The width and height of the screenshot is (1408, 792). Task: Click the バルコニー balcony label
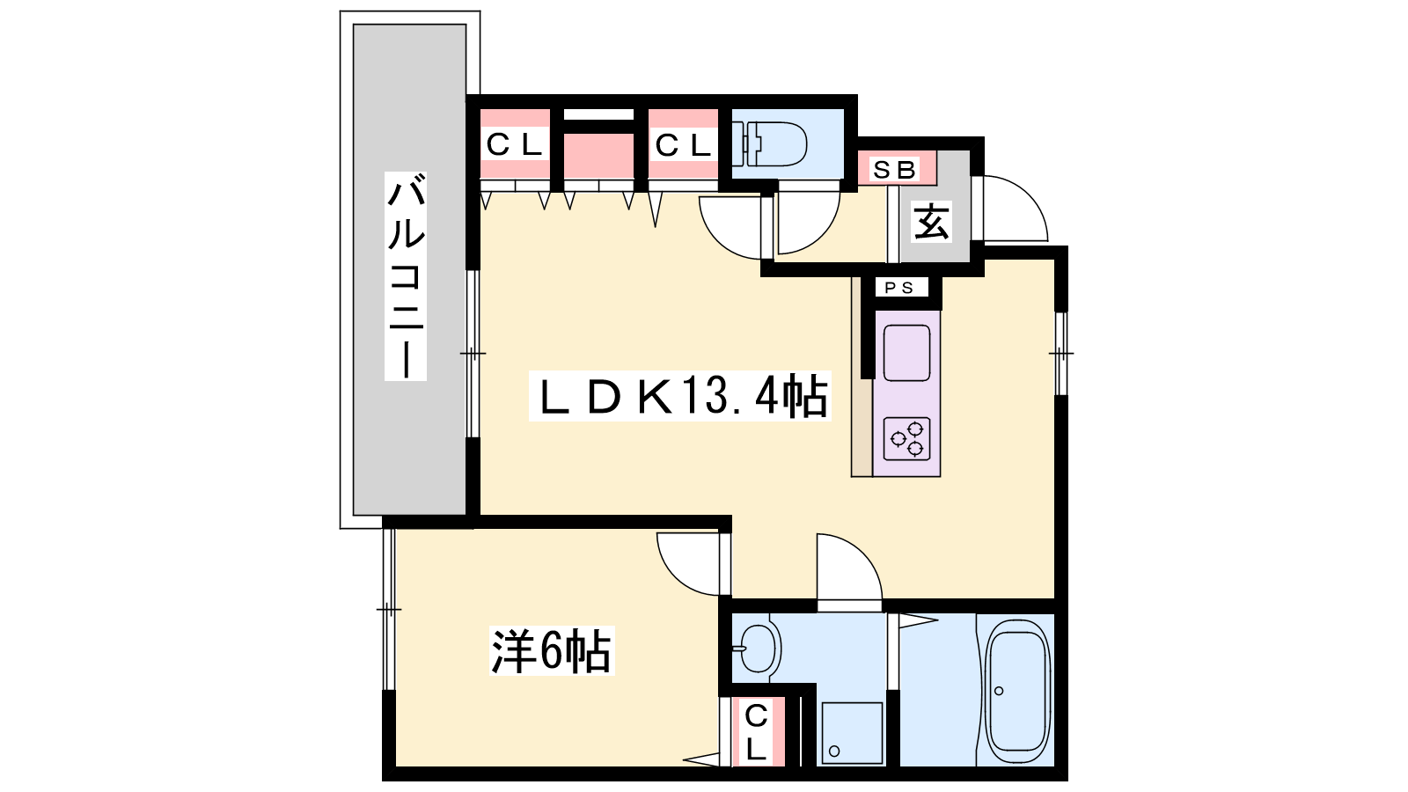tap(406, 276)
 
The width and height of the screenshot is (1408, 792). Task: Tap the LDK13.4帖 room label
tap(680, 396)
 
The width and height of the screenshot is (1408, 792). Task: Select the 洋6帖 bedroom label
tap(551, 651)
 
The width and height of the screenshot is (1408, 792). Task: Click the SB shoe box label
tap(894, 170)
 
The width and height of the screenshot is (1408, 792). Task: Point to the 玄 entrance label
tap(931, 222)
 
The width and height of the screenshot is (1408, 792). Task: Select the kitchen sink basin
tap(906, 353)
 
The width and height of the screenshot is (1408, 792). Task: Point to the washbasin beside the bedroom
tap(758, 649)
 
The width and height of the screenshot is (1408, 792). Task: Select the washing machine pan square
tap(852, 733)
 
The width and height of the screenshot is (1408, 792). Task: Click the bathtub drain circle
tap(999, 692)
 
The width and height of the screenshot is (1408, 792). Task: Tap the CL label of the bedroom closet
tap(756, 732)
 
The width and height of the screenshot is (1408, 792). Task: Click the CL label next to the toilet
tap(683, 145)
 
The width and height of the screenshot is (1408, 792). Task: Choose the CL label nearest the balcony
tap(514, 145)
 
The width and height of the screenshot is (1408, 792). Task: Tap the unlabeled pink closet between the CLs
tap(598, 155)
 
